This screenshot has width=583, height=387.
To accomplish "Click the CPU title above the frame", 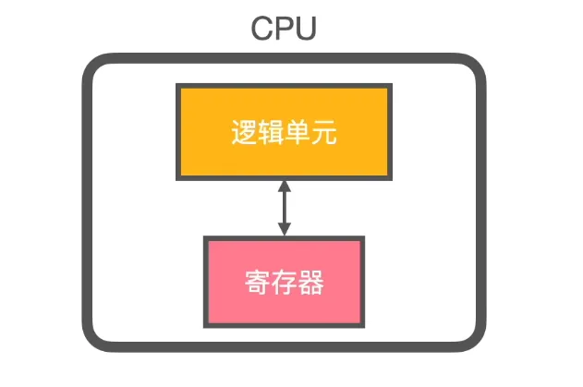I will point(284,28).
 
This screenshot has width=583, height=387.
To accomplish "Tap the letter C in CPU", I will point(262,28).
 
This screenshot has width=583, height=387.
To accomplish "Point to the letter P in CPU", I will point(284,28).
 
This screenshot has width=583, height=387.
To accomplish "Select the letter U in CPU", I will point(305,28).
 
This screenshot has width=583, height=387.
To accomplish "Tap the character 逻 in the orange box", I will point(243,134).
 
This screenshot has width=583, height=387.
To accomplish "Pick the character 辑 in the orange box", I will point(270,134).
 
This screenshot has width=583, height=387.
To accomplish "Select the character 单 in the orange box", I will point(297,134).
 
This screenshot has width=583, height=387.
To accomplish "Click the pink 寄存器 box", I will point(284,281).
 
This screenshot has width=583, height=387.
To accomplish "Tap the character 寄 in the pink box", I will point(257,282).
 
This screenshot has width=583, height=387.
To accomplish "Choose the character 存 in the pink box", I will point(284,282).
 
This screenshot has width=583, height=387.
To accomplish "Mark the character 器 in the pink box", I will point(310,282).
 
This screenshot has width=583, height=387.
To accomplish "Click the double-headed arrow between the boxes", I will point(284,208).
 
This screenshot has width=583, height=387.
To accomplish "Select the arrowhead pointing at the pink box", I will point(284,230).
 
